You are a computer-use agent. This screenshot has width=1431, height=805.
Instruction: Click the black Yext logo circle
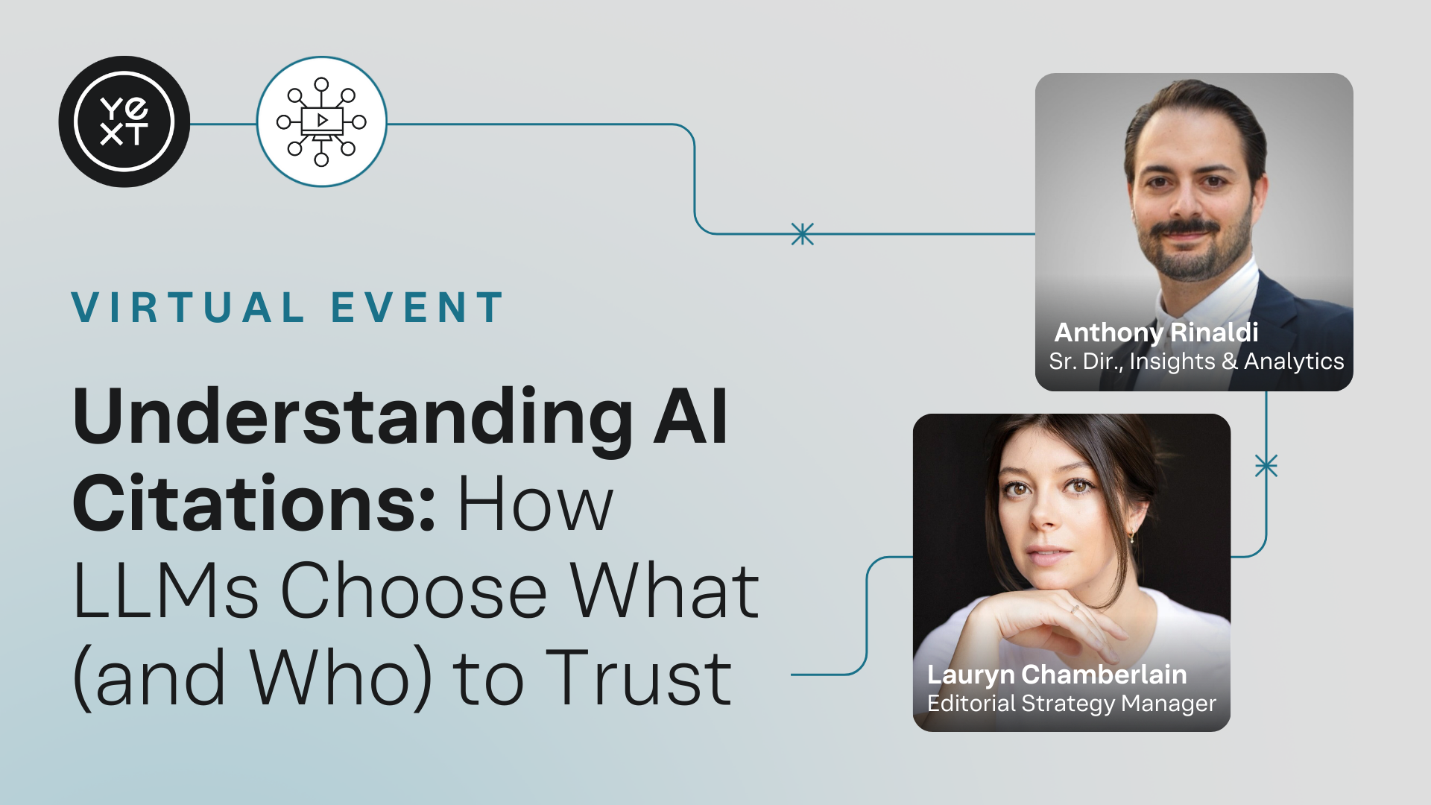[124, 121]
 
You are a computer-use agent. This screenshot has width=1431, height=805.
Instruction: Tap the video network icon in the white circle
[321, 121]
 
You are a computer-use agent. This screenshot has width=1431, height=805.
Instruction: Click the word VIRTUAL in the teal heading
[189, 308]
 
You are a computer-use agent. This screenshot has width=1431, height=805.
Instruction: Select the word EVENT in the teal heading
[417, 308]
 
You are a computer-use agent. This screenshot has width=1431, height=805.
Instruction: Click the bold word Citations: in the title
[253, 504]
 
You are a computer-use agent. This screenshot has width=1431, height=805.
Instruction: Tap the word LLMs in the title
[166, 591]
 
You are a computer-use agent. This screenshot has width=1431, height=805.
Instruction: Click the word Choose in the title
[414, 591]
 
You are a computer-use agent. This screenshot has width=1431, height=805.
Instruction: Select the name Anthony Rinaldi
[1157, 332]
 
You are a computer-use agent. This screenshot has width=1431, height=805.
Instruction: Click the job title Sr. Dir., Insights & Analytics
[1196, 362]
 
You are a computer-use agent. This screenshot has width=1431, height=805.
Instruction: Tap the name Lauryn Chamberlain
[1057, 675]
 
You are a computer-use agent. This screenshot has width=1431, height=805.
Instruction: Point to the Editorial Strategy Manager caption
[1072, 704]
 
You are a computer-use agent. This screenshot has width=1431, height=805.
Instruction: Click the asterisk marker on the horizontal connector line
[802, 234]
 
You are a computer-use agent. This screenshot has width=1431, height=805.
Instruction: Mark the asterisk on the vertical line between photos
[1266, 466]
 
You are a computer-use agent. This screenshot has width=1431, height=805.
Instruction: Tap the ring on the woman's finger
[1073, 609]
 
